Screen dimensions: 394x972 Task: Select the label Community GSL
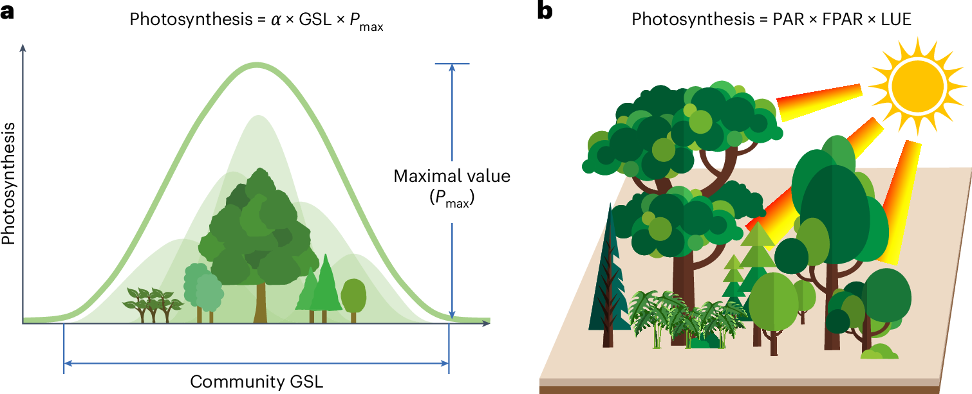256,382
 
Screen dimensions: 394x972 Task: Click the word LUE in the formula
897,19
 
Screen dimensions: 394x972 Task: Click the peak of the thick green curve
257,64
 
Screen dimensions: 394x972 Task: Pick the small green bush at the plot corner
881,352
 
